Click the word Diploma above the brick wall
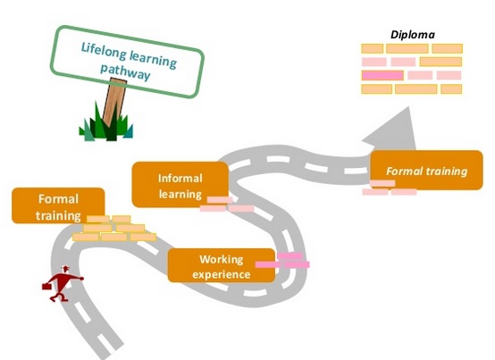tap(413, 34)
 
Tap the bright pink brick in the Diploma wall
tap(382, 75)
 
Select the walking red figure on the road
tap(63, 284)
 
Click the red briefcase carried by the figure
tap(46, 286)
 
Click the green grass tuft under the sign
tap(106, 123)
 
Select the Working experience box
tap(222, 265)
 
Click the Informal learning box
tap(180, 185)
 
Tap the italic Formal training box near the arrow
tap(426, 171)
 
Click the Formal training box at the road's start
tap(58, 205)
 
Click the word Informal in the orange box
tap(180, 179)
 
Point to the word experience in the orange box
tap(222, 274)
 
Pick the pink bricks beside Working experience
tap(283, 261)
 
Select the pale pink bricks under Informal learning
tap(227, 205)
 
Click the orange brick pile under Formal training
tap(114, 228)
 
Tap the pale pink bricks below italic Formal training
tap(390, 188)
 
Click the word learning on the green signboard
tap(153, 60)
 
